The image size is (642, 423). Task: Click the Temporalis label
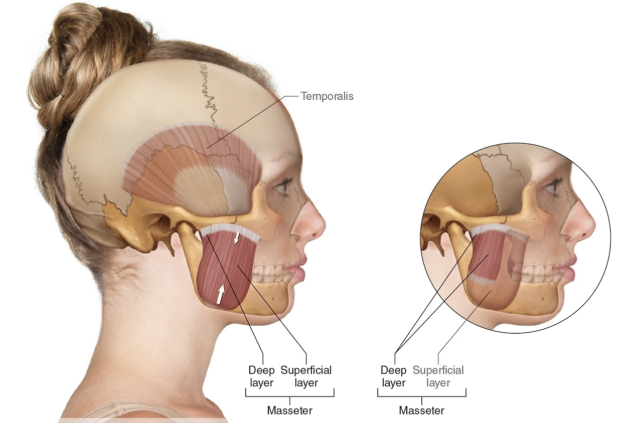point(327,96)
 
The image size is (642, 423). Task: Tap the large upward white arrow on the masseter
point(220,294)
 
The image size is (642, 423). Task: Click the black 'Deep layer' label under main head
point(262,376)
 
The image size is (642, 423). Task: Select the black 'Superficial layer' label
point(306,376)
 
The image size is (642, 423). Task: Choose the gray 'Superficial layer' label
point(438,376)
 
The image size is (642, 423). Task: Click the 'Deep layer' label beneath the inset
point(393,376)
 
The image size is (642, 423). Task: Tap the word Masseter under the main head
point(289,410)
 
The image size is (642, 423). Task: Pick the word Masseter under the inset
point(421,410)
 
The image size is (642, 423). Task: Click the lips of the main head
point(300,267)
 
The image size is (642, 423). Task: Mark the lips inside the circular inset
point(570,268)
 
